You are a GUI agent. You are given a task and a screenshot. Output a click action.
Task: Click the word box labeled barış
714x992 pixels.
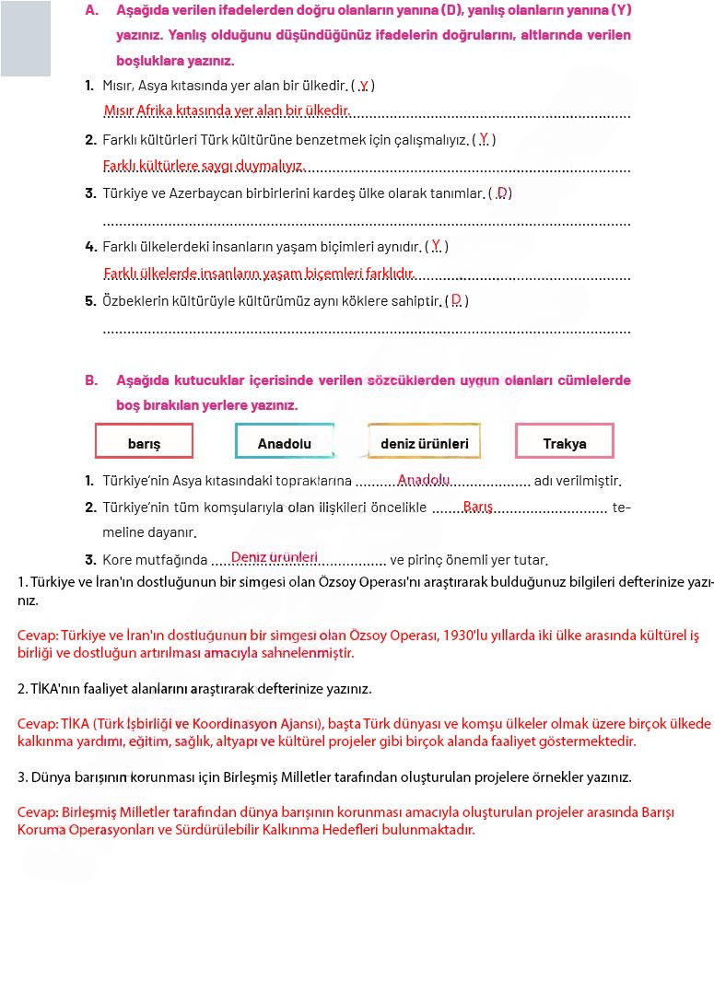(x=144, y=442)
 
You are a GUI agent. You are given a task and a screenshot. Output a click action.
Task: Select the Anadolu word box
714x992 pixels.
(x=284, y=442)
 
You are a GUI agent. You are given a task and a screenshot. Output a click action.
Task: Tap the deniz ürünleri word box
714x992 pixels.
(x=424, y=442)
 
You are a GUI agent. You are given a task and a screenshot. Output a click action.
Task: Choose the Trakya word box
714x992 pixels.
(x=564, y=442)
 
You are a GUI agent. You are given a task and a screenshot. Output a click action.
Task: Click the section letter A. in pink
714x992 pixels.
(x=91, y=11)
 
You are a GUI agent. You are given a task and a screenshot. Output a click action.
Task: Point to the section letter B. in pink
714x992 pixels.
(x=91, y=380)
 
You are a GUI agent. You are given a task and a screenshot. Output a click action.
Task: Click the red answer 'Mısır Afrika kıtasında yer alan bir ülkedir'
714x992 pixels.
(x=227, y=111)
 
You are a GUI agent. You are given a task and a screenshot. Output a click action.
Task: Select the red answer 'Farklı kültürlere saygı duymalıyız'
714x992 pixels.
(x=204, y=166)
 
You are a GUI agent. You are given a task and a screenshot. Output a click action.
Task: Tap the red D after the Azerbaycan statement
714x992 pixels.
(x=502, y=193)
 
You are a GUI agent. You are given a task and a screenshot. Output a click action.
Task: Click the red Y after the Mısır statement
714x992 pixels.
(x=364, y=85)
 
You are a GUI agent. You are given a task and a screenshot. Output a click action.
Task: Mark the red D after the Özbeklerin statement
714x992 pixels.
(x=456, y=300)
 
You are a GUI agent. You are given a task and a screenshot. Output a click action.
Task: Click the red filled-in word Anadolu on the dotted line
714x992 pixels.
(x=423, y=480)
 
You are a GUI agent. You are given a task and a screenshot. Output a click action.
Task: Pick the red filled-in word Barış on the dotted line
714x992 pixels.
(x=478, y=507)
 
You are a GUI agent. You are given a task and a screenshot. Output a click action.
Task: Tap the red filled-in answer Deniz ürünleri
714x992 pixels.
(x=275, y=557)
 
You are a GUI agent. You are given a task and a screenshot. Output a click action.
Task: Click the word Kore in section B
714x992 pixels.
(x=118, y=560)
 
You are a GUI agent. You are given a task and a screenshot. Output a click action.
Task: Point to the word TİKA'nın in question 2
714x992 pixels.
(x=57, y=688)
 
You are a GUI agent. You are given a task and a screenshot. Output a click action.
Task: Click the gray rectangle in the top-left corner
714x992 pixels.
(x=25, y=38)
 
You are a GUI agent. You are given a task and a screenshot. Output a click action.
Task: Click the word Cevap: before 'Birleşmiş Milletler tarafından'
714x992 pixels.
(x=38, y=812)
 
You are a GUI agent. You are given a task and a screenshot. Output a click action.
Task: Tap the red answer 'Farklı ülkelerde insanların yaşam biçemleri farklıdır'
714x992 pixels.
(x=259, y=274)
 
